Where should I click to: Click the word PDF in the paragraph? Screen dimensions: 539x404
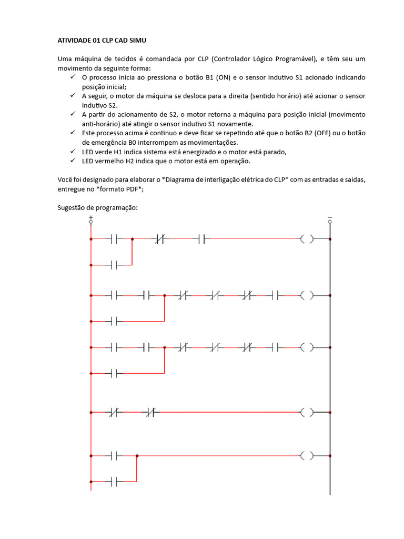133,189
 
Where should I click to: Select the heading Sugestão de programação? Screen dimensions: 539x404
97,207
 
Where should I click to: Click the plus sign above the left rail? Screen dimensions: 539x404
91,217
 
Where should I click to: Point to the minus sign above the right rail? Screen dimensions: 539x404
330,217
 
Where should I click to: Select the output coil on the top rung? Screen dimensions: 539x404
307,239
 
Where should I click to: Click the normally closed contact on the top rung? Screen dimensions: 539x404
160,239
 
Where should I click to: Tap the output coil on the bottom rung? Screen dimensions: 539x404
307,455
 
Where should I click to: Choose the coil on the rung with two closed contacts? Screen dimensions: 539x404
307,412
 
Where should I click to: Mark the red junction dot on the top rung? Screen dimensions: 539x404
132,239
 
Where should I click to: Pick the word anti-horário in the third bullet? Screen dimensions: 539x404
102,124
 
